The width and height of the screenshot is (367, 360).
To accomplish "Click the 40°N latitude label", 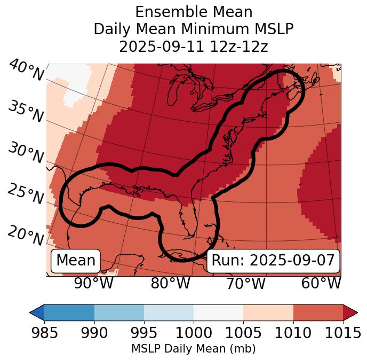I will coord(26,71).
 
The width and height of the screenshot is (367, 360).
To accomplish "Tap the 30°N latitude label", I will coord(26,153).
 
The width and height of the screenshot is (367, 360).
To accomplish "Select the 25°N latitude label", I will coord(26,194).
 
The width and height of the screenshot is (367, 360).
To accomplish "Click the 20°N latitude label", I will coord(26,234).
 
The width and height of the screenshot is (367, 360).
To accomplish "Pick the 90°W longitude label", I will coord(93,283).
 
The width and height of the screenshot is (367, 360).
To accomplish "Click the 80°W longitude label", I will coord(170,283).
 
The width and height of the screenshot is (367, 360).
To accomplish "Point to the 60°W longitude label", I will coord(321,283).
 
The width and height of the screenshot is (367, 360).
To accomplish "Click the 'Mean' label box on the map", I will coord(76,261).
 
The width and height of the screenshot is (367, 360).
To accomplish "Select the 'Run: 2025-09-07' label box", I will coord(273,261).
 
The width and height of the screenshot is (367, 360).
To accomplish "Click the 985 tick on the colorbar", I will coord(44,333).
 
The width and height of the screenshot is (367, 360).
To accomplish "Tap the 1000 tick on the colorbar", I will coord(194,333).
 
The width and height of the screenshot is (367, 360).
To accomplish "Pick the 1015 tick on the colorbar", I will coord(342,333).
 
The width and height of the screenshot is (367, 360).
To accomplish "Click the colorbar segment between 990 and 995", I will coord(119,312).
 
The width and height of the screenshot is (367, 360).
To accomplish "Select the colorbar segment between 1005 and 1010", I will coord(268,312).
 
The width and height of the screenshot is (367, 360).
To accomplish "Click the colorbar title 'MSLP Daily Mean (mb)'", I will coord(193,349).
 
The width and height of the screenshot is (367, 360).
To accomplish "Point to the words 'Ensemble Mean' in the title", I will coord(194,12).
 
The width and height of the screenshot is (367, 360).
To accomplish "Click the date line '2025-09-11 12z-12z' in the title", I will coord(194,46).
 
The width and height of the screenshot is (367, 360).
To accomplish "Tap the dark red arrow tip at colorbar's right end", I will coord(350,312).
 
